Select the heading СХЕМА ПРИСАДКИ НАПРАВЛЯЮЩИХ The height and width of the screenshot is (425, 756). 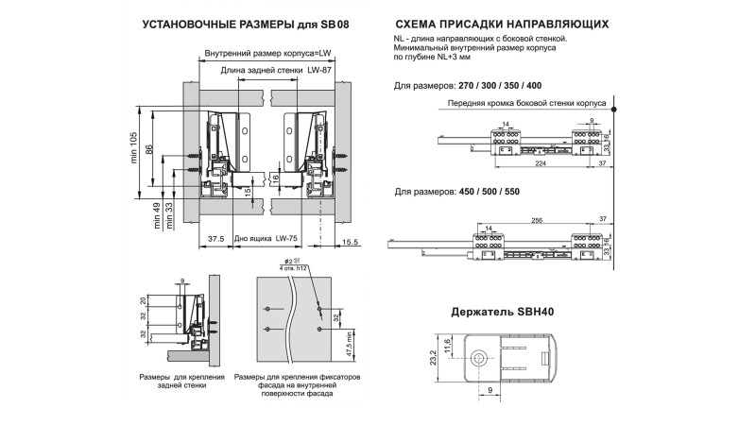pyautogui.click(x=501, y=24)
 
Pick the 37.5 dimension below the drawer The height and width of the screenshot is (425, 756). pyautogui.click(x=215, y=240)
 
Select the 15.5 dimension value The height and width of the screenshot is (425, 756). pyautogui.click(x=349, y=243)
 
